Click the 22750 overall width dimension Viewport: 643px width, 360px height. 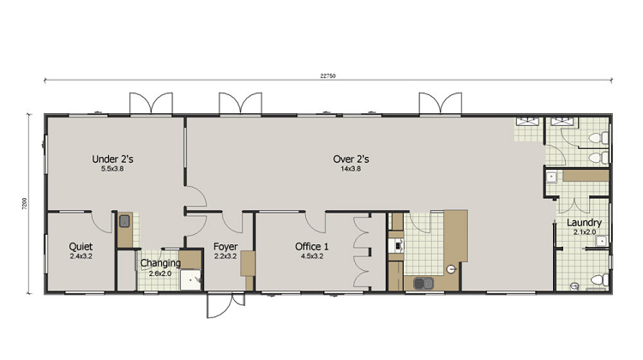[x=328, y=75]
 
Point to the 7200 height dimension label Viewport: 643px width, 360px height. [x=25, y=204]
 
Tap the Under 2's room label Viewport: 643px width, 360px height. [x=112, y=159]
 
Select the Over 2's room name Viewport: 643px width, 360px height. [x=351, y=159]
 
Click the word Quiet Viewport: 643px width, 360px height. [x=81, y=246]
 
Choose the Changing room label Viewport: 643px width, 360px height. [x=160, y=263]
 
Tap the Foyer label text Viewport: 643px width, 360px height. [x=225, y=247]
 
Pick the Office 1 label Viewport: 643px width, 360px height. [x=312, y=246]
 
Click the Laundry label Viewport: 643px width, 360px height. [x=585, y=223]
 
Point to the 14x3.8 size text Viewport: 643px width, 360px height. [x=351, y=169]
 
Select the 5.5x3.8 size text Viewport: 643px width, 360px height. [x=112, y=169]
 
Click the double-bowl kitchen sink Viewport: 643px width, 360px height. [x=424, y=283]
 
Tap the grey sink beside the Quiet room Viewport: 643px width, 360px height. [x=124, y=221]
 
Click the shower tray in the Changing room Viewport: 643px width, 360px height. [x=190, y=279]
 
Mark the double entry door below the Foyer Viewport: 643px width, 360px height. [x=225, y=305]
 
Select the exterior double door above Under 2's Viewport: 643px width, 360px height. [x=151, y=103]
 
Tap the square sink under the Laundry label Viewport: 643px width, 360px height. [x=601, y=241]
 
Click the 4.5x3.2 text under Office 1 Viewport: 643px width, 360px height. [x=312, y=256]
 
